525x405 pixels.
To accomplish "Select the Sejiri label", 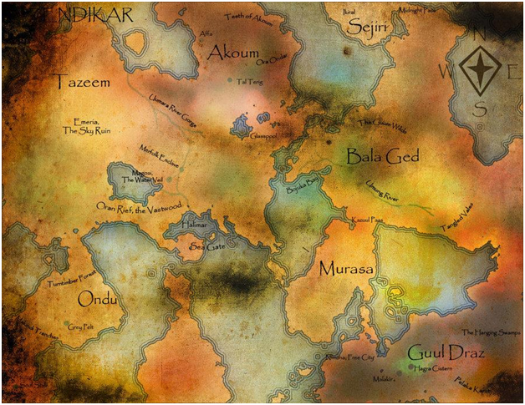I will click(x=357, y=28).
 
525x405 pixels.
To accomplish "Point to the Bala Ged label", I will click(x=383, y=155).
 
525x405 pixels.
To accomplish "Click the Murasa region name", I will click(x=344, y=269).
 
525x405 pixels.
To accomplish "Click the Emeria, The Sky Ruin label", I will click(x=86, y=126).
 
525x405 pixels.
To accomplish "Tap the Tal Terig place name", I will click(x=249, y=82).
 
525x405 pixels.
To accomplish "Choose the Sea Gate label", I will click(x=209, y=248).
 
